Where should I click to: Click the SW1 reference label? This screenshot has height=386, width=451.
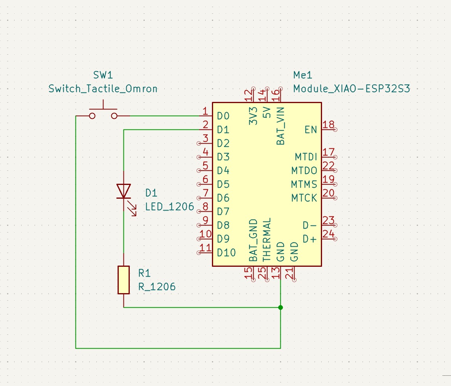pyautogui.click(x=103, y=75)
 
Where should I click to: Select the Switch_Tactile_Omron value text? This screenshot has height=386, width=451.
pyautogui.click(x=103, y=89)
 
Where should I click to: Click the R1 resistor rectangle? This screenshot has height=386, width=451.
pyautogui.click(x=124, y=280)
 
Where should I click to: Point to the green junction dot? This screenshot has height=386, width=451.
pyautogui.click(x=280, y=307)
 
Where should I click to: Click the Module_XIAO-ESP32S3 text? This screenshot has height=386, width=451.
pyautogui.click(x=352, y=89)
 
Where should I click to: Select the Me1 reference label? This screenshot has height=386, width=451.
pyautogui.click(x=303, y=75)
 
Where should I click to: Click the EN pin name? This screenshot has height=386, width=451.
pyautogui.click(x=311, y=130)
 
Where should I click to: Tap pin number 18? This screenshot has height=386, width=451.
pyautogui.click(x=328, y=125)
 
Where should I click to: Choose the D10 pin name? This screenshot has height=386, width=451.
pyautogui.click(x=226, y=253)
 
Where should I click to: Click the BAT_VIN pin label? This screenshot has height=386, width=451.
pyautogui.click(x=280, y=126)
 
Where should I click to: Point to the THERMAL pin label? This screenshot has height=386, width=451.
pyautogui.click(x=267, y=240)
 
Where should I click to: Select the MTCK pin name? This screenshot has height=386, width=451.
pyautogui.click(x=304, y=198)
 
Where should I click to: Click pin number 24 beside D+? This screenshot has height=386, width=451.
pyautogui.click(x=328, y=234)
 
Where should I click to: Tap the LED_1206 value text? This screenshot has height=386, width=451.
pyautogui.click(x=170, y=207)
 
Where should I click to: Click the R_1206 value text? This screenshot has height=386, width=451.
pyautogui.click(x=157, y=287)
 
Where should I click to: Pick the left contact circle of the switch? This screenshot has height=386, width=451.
pyautogui.click(x=92, y=116)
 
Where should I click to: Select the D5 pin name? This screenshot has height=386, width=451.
pyautogui.click(x=223, y=184)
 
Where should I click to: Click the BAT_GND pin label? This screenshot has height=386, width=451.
pyautogui.click(x=253, y=240)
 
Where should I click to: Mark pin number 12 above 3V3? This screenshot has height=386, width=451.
pyautogui.click(x=248, y=95)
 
